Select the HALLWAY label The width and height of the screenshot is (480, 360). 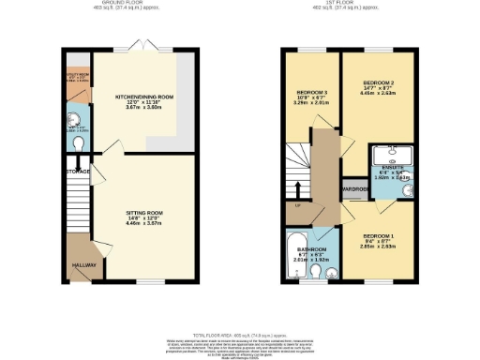click(81, 264)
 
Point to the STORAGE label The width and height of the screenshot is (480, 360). click(79, 172)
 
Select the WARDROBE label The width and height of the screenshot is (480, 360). click(353, 187)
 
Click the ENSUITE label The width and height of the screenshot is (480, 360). click(388, 171)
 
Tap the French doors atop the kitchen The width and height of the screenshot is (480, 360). click(144, 47)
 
